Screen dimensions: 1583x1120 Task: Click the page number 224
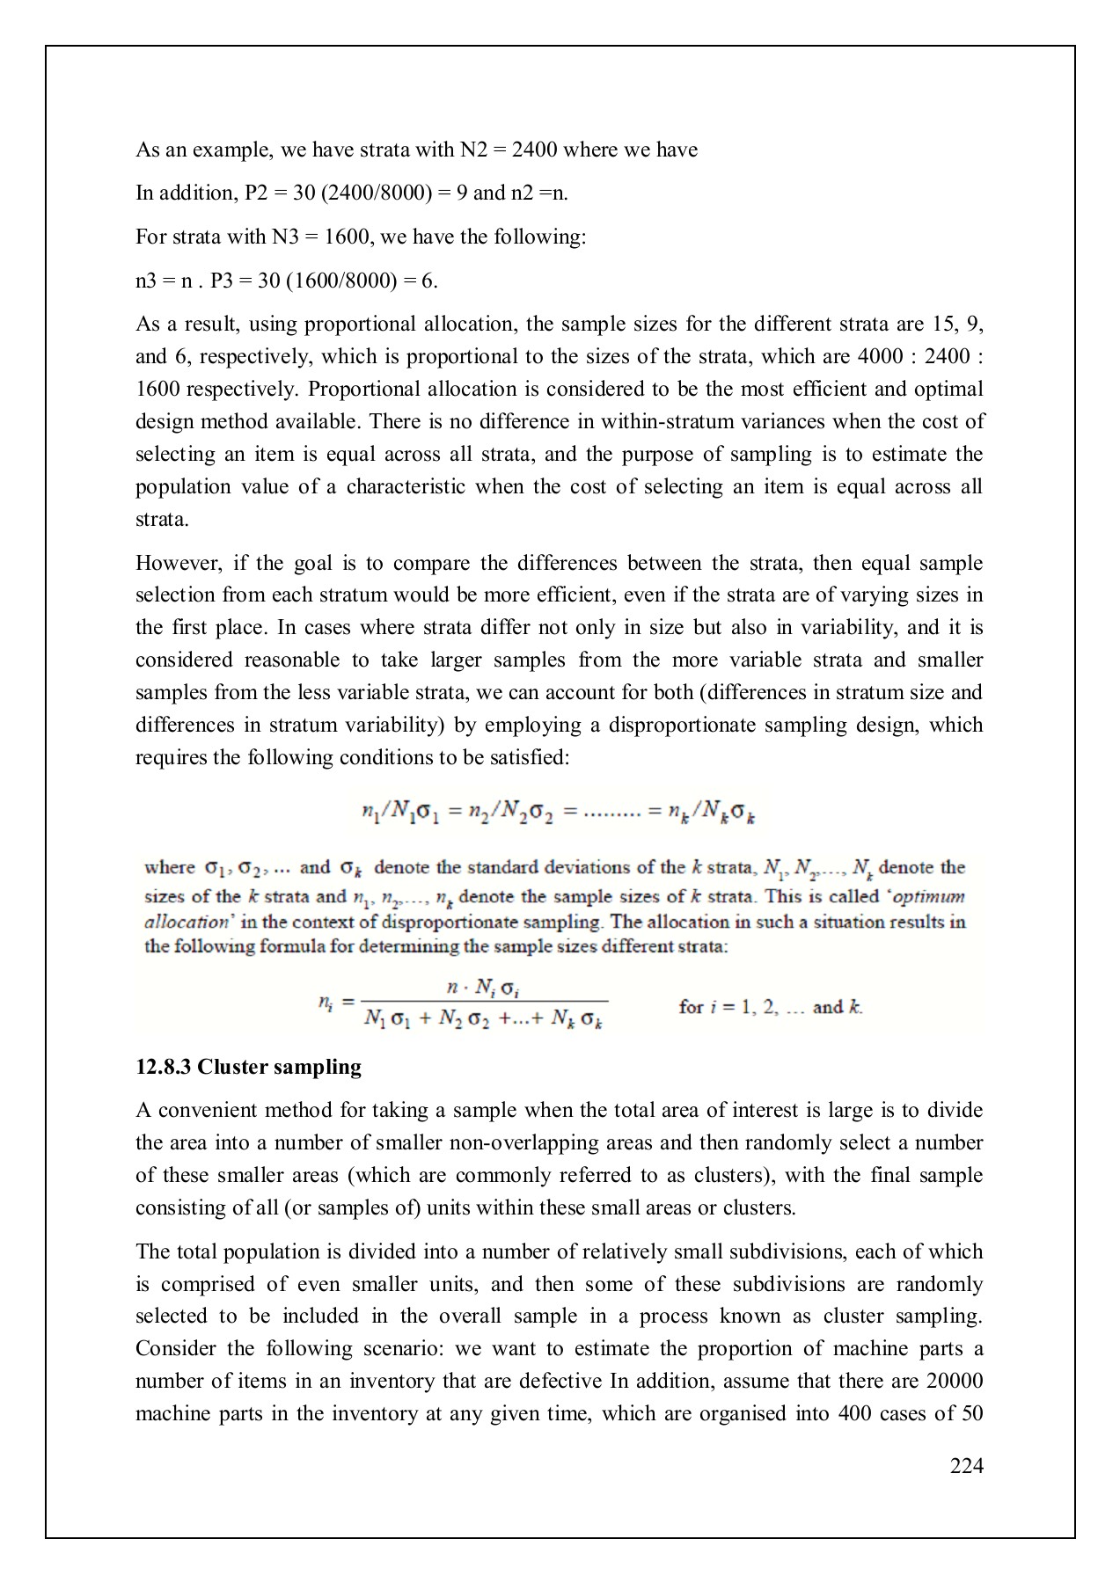966,1465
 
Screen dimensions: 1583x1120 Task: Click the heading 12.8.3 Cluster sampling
248,1067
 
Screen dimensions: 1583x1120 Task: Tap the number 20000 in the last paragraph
955,1381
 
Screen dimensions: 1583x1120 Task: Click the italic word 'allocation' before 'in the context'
186,923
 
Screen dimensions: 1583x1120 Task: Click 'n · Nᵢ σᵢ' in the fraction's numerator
487,989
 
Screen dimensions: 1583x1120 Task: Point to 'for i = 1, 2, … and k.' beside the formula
771,1007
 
